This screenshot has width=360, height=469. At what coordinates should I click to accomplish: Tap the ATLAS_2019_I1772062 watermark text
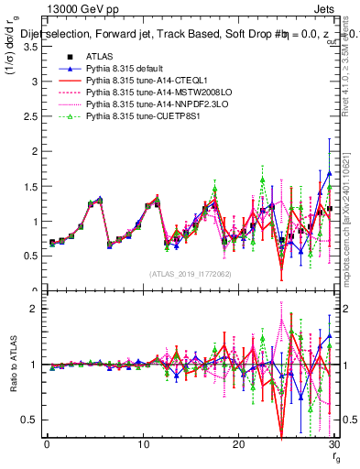click(x=190, y=273)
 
